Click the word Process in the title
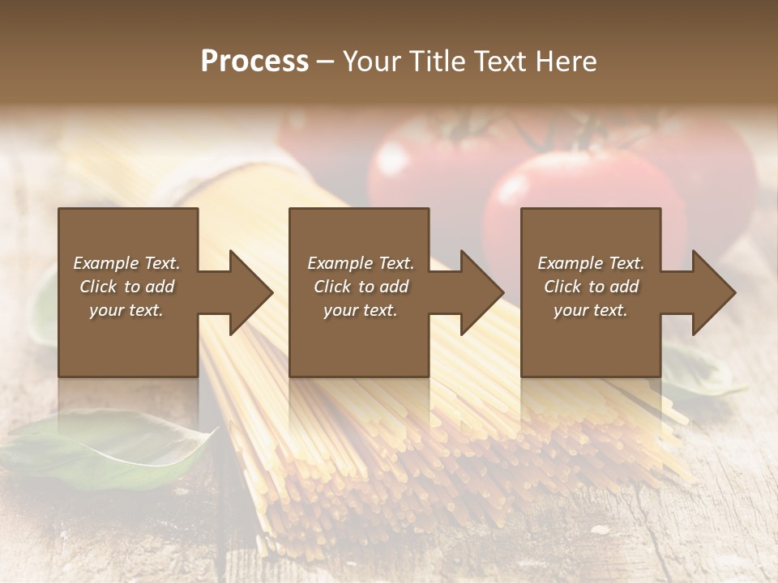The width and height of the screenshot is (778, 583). click(x=254, y=62)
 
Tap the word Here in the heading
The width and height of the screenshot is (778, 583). click(x=566, y=62)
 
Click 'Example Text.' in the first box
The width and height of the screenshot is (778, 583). click(x=126, y=263)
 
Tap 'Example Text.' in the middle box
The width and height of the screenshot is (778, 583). click(x=360, y=263)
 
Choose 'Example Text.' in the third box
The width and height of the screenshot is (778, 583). click(x=591, y=263)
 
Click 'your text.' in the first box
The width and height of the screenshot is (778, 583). click(x=126, y=310)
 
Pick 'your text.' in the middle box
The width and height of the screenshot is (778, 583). click(x=360, y=310)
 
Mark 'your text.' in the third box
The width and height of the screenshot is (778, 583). click(x=591, y=310)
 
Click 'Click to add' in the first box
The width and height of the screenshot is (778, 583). click(x=126, y=287)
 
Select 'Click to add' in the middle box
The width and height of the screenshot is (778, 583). click(x=360, y=287)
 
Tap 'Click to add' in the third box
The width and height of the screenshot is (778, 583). click(x=591, y=287)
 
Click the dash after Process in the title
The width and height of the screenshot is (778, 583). click(x=325, y=62)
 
